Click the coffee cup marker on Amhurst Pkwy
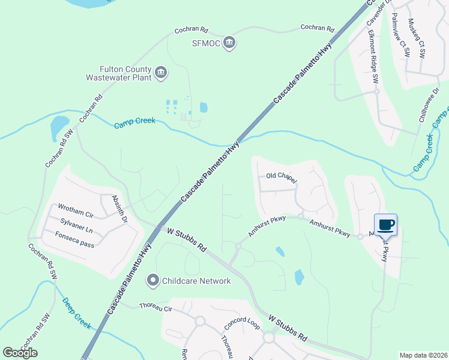click(385, 225)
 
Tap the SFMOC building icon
click(229, 43)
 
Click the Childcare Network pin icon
click(153, 280)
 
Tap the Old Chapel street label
click(282, 176)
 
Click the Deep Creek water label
click(77, 313)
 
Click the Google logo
click(20, 353)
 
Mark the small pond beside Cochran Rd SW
click(59, 127)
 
